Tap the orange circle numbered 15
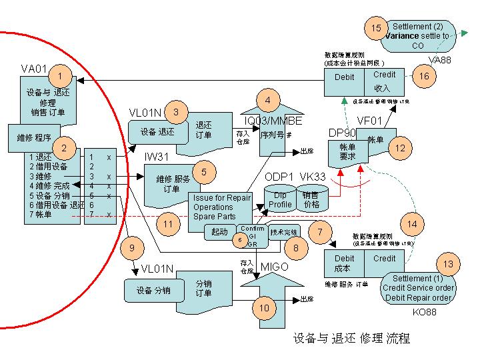[x=376, y=29]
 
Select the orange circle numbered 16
[x=424, y=76]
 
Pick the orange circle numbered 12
[x=399, y=149]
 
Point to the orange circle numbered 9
[x=132, y=248]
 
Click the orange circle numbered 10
[x=264, y=308]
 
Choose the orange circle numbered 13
[x=448, y=264]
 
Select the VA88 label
[x=439, y=60]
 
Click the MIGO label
[x=274, y=267]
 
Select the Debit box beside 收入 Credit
[x=344, y=81]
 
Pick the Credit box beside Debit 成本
[x=385, y=263]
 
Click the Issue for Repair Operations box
[x=223, y=207]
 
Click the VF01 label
[x=370, y=120]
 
